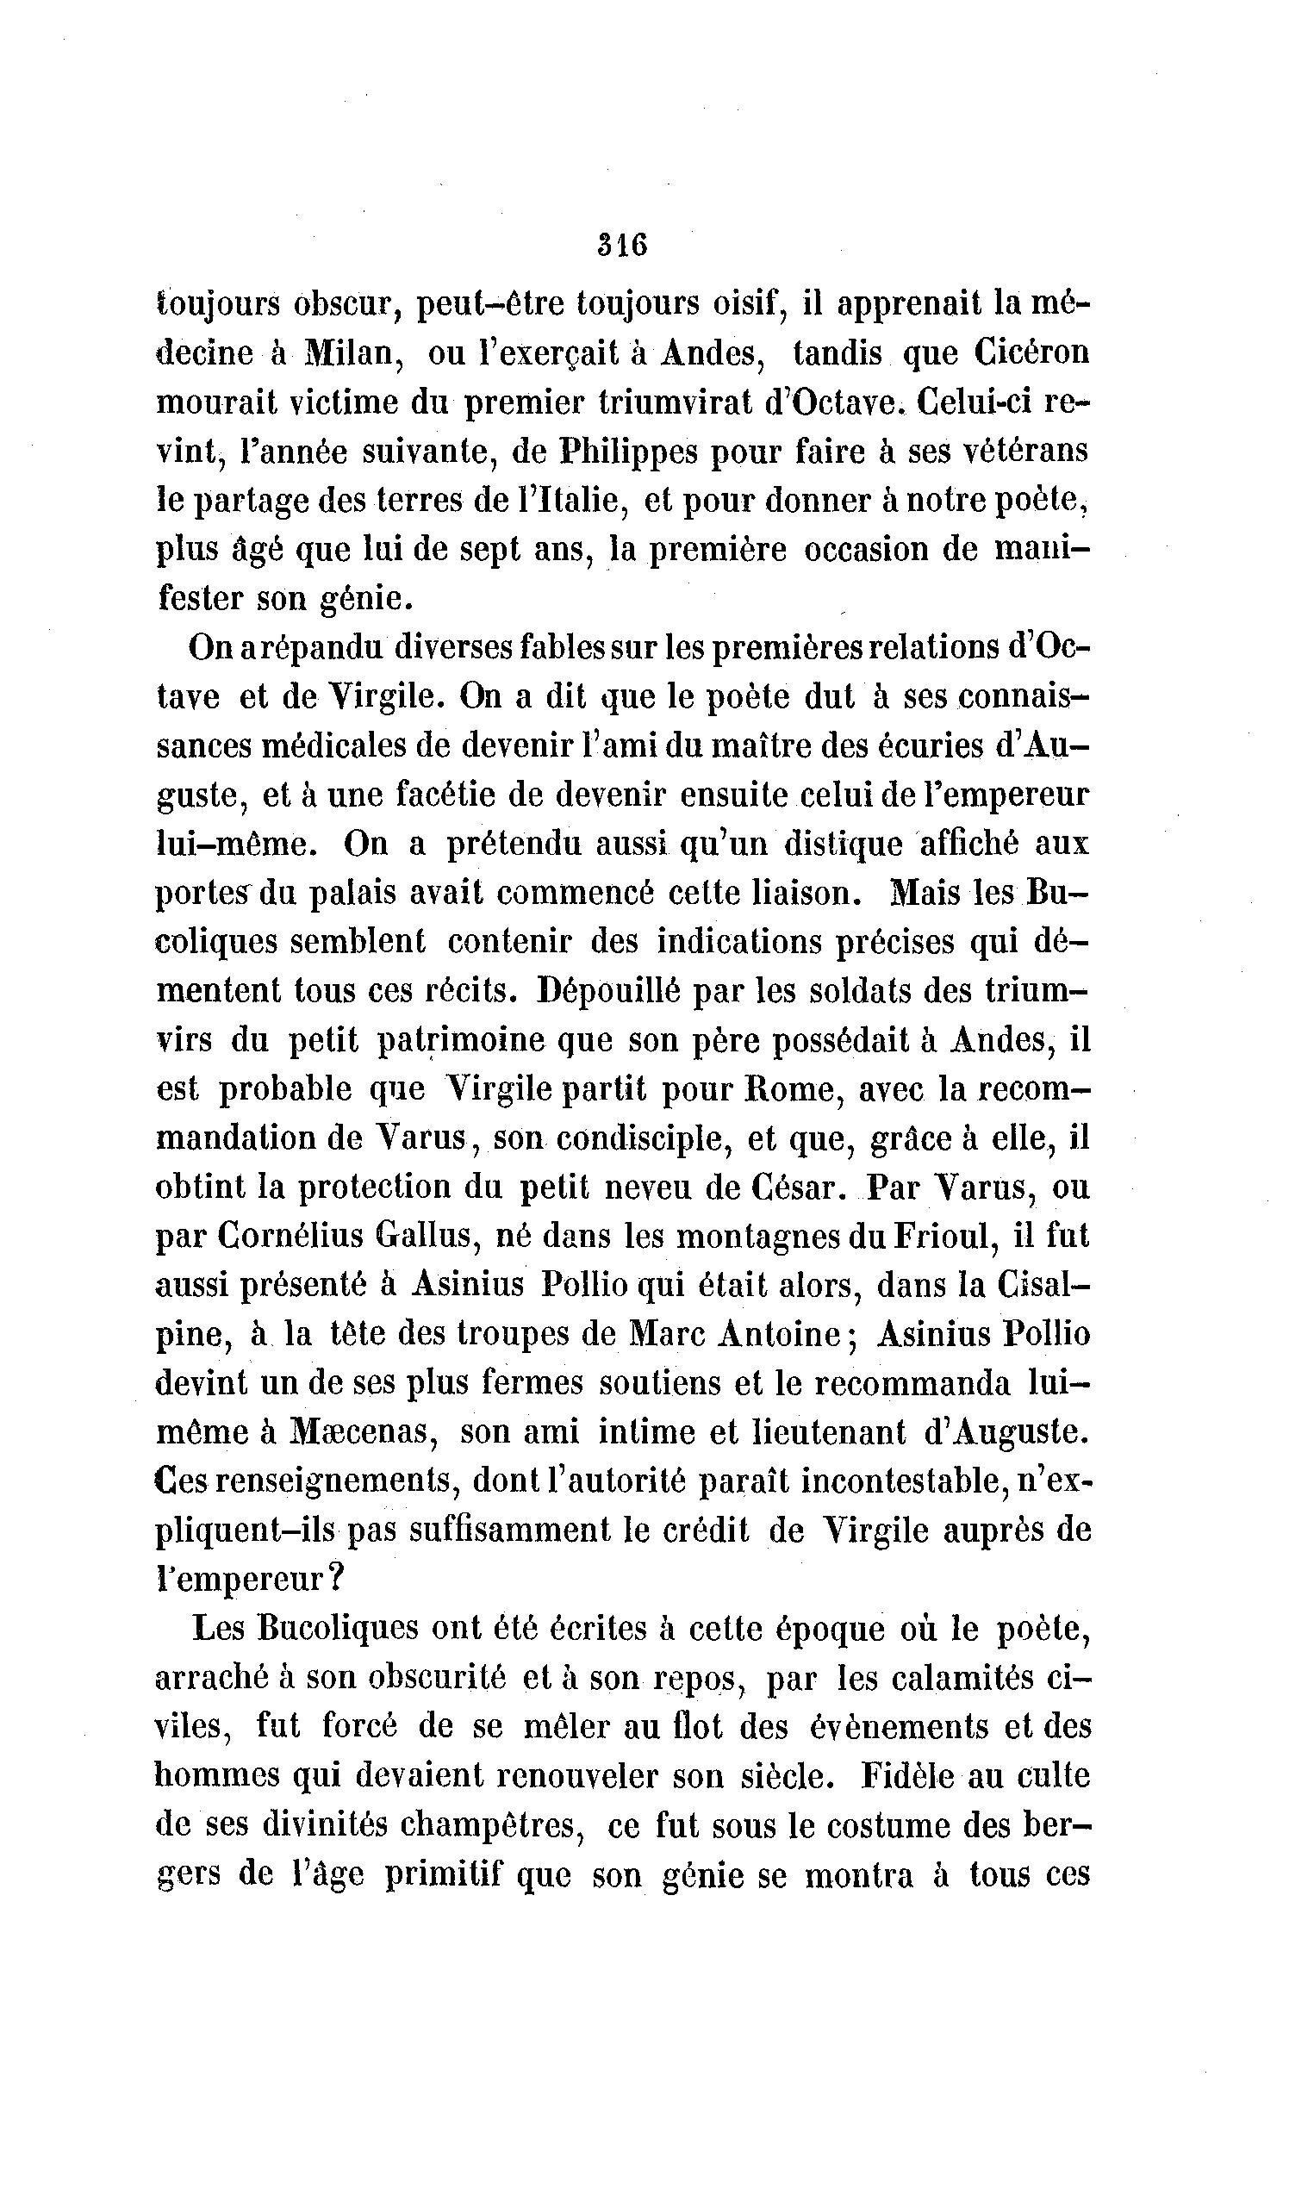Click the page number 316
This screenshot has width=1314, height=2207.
tap(622, 244)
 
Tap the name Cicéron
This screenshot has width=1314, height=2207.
tap(1031, 354)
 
